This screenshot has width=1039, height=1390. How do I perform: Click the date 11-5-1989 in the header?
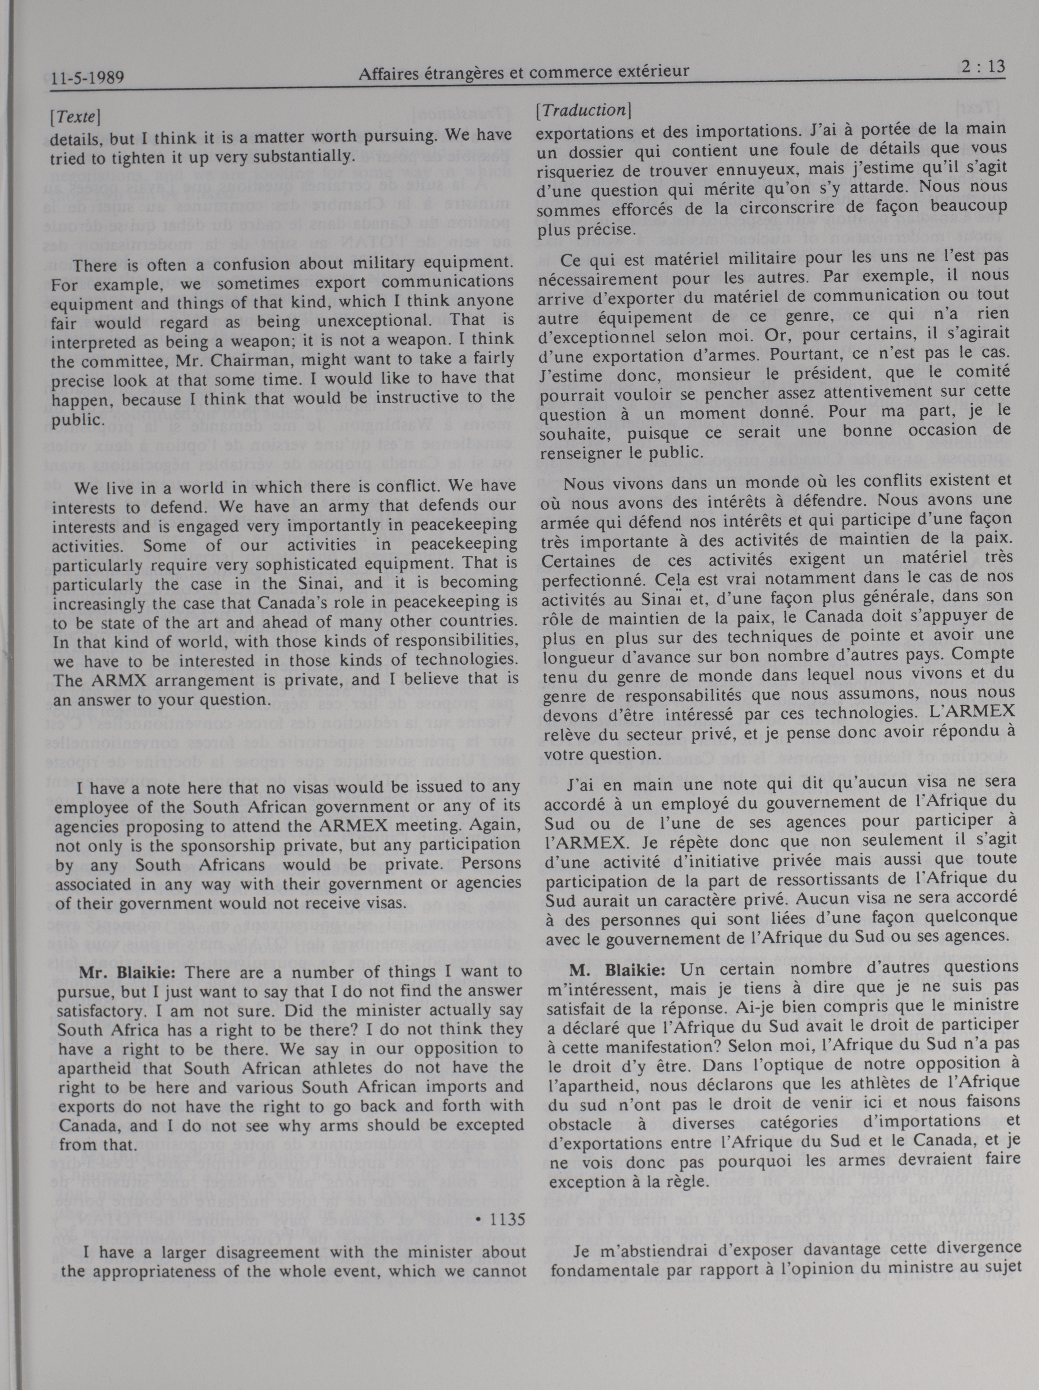click(x=88, y=78)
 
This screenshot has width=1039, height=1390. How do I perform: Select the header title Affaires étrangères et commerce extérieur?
click(x=523, y=72)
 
